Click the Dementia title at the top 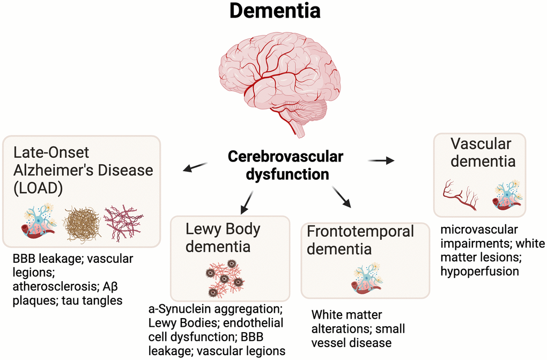coord(275,11)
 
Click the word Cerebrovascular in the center coord(285,157)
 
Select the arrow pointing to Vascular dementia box coord(381,160)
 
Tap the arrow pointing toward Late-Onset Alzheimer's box coord(195,167)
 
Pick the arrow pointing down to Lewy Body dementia coord(247,202)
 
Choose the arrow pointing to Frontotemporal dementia coord(342,197)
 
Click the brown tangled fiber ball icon coord(82,224)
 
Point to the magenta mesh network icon coord(124,223)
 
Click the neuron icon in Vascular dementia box coord(507,195)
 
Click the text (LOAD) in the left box coord(38,188)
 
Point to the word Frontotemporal coord(360,231)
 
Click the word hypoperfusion coord(479,271)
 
